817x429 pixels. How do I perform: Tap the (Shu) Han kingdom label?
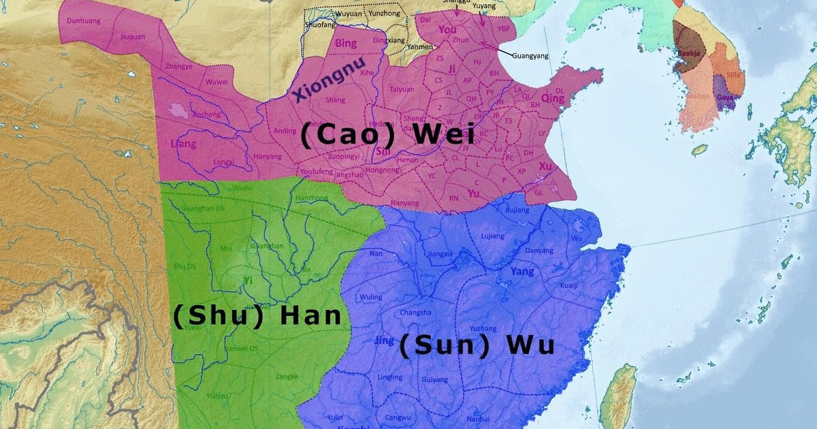(x=257, y=316)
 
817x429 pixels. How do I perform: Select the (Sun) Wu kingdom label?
(x=476, y=346)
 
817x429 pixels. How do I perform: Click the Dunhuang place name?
(x=82, y=21)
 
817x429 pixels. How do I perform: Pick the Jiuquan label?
(x=133, y=37)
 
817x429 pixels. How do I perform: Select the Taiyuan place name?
(x=402, y=89)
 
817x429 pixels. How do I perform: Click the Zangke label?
(x=287, y=376)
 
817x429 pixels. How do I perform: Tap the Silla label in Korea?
(x=733, y=74)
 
